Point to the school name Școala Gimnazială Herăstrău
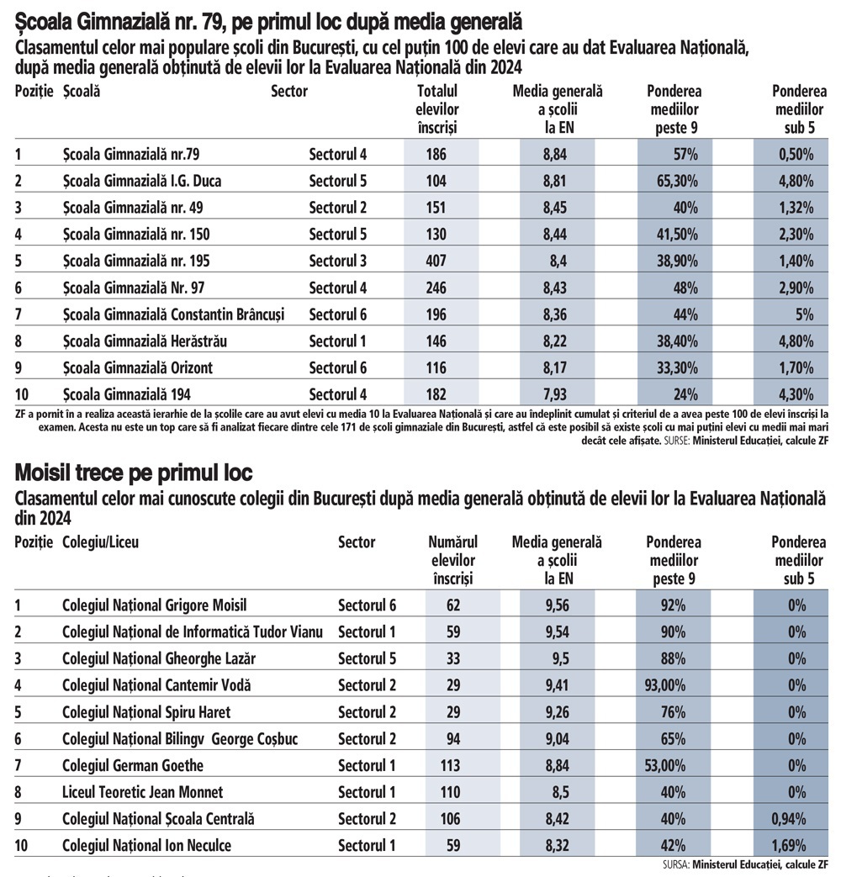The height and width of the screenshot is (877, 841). (x=145, y=341)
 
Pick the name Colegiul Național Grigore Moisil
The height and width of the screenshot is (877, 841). (x=155, y=605)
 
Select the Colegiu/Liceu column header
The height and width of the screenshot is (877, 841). (x=101, y=542)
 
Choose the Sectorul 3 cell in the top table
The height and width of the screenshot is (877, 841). (x=338, y=262)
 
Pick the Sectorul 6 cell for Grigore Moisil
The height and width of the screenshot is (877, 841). (x=367, y=605)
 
